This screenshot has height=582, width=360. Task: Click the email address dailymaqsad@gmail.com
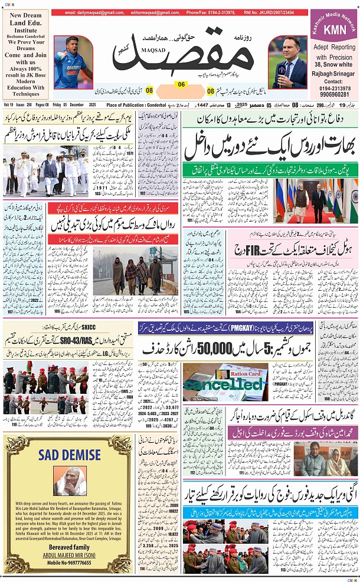point(91,12)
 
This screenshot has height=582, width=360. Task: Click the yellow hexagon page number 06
point(181,84)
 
